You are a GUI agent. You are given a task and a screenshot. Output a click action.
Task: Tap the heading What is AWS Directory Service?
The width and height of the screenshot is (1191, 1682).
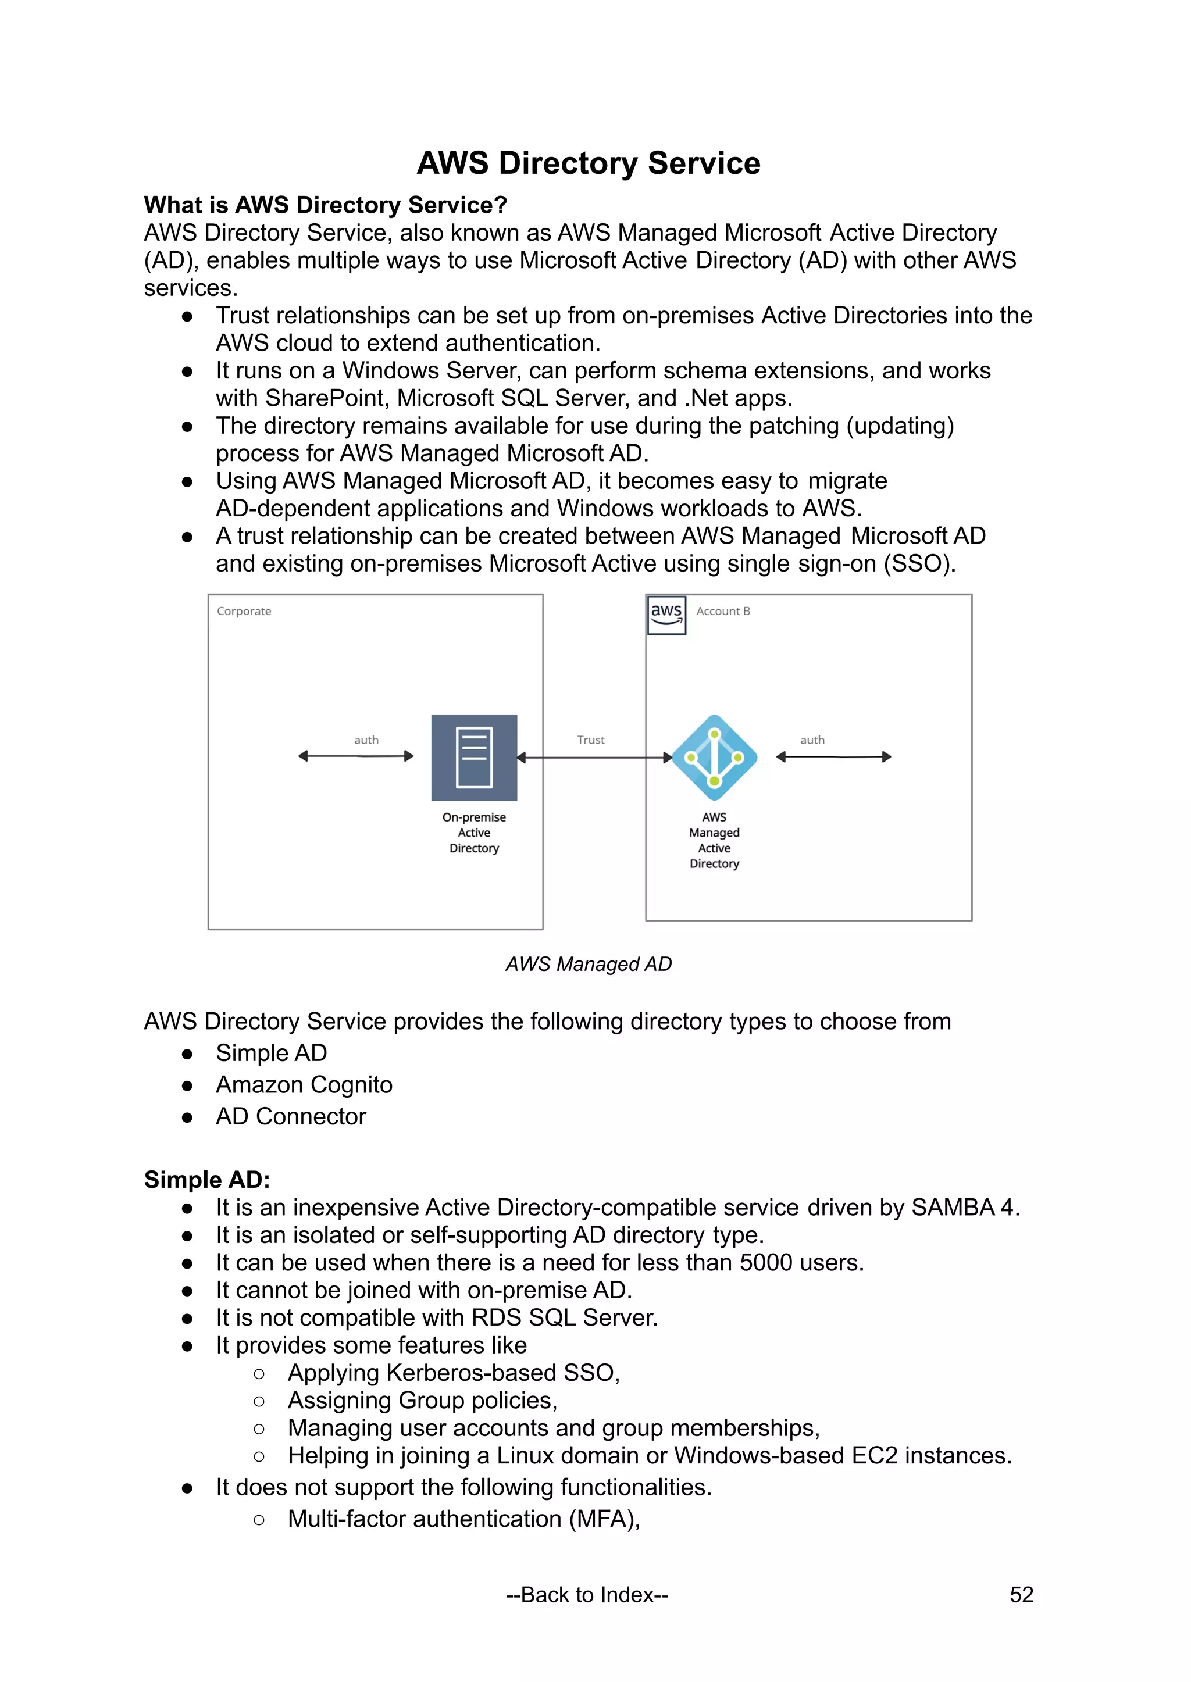pyautogui.click(x=326, y=205)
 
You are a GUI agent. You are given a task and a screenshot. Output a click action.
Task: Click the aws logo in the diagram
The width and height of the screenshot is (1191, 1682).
pyautogui.click(x=666, y=615)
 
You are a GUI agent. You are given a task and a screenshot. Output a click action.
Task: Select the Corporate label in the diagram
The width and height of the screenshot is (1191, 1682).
pyautogui.click(x=244, y=611)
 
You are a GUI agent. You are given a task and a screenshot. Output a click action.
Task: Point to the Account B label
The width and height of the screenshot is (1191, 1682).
pyautogui.click(x=723, y=611)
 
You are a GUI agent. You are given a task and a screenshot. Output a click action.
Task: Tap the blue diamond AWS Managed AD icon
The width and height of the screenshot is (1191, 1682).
pyautogui.click(x=714, y=758)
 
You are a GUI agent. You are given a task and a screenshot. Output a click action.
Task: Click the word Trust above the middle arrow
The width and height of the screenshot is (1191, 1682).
pyautogui.click(x=590, y=740)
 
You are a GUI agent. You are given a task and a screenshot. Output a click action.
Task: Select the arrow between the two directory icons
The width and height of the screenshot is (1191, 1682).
pyautogui.click(x=595, y=758)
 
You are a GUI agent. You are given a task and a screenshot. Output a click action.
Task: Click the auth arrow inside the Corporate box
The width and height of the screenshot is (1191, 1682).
pyautogui.click(x=356, y=756)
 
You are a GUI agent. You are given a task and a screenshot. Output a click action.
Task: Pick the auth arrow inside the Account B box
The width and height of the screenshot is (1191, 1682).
pyautogui.click(x=834, y=756)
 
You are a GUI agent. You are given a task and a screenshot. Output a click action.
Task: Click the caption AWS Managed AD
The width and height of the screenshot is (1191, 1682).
pyautogui.click(x=588, y=963)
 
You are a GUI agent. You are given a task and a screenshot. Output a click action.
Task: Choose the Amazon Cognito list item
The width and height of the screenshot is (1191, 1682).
pyautogui.click(x=304, y=1084)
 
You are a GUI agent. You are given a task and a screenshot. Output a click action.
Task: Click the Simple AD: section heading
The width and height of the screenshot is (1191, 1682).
pyautogui.click(x=207, y=1179)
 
